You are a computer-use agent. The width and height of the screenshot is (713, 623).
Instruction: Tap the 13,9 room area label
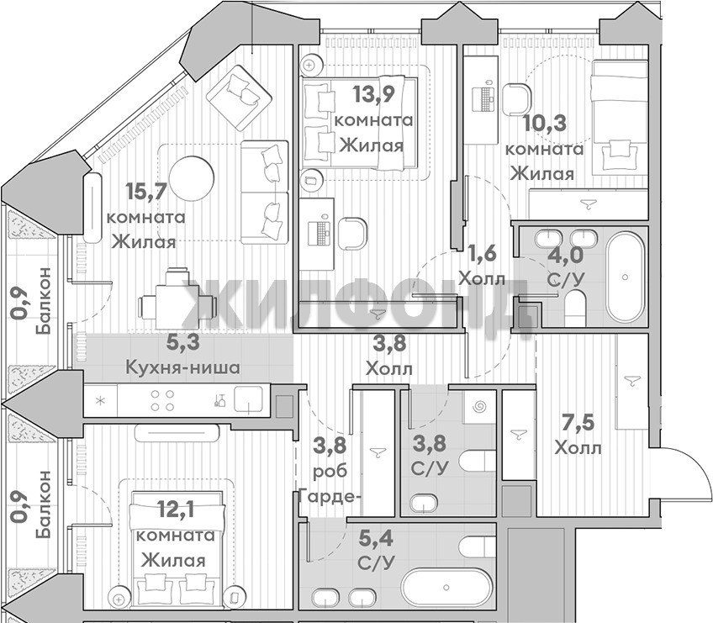point(374,95)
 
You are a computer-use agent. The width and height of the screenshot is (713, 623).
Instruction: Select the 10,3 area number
point(544,124)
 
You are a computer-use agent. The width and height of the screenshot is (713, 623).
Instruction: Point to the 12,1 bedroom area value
point(175,509)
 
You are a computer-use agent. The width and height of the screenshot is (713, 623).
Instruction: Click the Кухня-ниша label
point(182,367)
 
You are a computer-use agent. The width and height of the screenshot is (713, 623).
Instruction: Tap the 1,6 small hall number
point(483,253)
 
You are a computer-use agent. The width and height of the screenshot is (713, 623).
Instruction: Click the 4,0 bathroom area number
point(565,255)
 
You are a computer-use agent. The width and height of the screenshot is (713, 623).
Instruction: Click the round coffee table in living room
point(192,178)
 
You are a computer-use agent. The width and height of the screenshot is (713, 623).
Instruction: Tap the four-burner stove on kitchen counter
point(162,401)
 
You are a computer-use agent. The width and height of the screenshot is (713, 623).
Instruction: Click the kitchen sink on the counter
point(248,400)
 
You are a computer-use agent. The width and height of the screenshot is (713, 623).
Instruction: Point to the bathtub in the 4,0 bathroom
point(626,277)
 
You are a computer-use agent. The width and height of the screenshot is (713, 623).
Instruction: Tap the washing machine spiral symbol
point(479,407)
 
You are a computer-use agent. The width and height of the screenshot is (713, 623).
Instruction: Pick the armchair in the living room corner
point(239,92)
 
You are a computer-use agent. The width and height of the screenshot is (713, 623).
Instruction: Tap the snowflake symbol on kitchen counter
point(101,401)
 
